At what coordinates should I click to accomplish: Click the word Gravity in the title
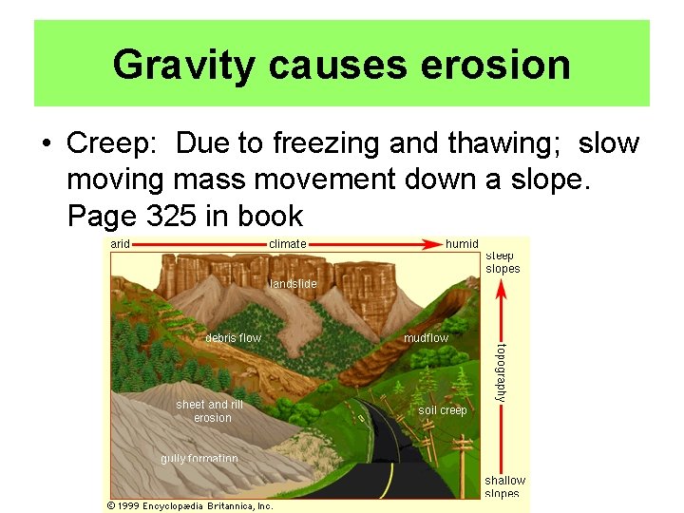click(184, 65)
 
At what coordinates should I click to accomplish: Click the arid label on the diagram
click(121, 244)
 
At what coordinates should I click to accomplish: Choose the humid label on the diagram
click(462, 244)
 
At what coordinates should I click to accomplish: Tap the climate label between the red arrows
click(288, 244)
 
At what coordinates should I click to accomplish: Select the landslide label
click(294, 283)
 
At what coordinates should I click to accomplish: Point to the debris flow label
click(233, 338)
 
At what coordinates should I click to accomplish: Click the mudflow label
click(426, 338)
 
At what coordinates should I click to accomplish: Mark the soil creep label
click(443, 410)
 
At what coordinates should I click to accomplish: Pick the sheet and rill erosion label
click(211, 411)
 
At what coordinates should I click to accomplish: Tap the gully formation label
click(199, 459)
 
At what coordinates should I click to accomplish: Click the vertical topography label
click(502, 372)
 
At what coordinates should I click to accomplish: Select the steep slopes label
click(503, 262)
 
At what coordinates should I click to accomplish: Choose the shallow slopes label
click(504, 486)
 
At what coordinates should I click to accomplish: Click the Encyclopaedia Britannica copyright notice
click(190, 505)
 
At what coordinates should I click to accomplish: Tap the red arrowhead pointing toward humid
click(437, 244)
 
